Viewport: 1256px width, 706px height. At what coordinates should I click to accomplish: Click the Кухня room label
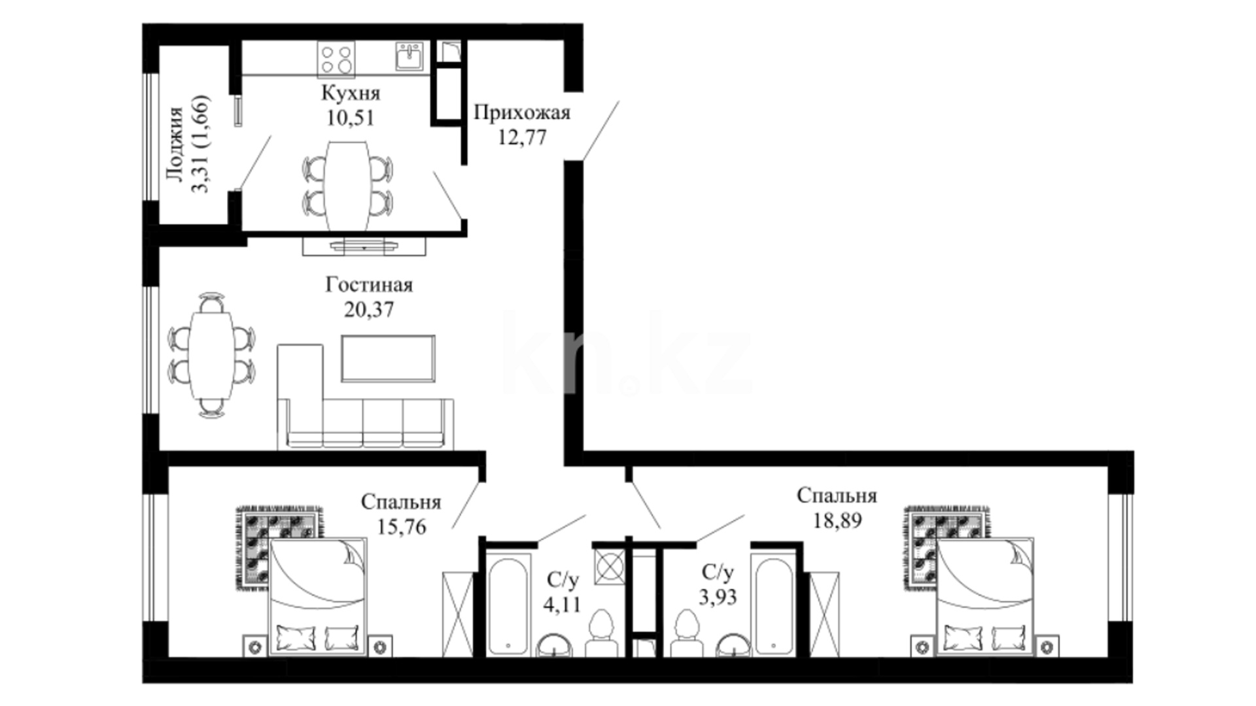(350, 93)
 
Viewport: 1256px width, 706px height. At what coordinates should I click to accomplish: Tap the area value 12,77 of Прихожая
(522, 137)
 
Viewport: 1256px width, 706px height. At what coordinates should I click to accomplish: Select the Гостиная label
(369, 285)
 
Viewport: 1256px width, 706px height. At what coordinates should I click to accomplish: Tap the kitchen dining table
(348, 186)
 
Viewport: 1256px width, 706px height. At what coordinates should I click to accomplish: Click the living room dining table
(211, 354)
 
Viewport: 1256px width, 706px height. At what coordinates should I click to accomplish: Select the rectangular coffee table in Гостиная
(388, 358)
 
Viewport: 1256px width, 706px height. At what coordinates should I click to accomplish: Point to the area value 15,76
(402, 526)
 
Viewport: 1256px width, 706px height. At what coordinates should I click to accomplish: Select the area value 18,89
(837, 520)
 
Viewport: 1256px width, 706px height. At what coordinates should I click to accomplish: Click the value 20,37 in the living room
(369, 309)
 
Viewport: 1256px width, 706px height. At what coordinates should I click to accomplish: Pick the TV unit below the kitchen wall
(364, 246)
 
